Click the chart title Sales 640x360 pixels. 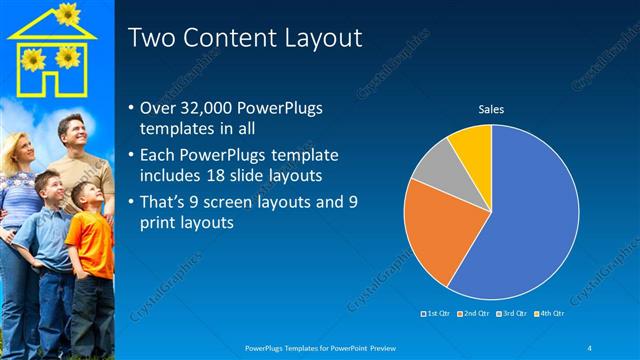coord(491,108)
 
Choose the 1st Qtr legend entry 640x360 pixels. coord(436,314)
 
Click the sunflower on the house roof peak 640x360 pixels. coord(67,13)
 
